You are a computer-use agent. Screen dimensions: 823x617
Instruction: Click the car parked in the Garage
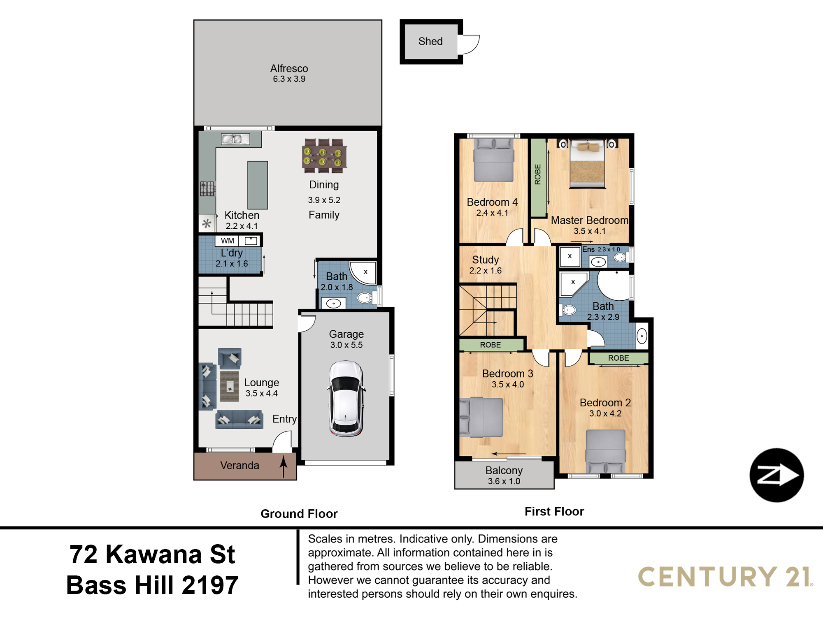coord(346,398)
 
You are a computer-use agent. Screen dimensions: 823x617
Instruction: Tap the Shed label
coord(430,42)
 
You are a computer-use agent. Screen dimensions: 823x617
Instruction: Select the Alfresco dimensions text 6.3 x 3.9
coord(289,79)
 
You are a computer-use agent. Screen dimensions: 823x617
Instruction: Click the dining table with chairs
coord(324,156)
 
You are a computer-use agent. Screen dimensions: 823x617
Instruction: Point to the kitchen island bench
coord(258,185)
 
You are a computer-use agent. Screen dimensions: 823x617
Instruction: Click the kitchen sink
coord(235,139)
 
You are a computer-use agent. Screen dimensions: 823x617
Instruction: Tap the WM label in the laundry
coord(227,241)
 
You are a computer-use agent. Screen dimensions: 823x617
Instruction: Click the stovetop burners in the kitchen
coord(207,189)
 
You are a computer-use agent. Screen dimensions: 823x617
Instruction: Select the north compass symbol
coord(777,475)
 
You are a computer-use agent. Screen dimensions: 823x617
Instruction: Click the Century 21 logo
coord(725,577)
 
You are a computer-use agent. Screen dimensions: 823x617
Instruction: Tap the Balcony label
coord(504,471)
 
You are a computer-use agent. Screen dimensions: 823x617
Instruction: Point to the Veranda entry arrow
coord(284,466)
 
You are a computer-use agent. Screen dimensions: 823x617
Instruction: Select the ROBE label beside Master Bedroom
coord(537,174)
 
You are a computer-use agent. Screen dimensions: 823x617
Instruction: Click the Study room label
coord(486,260)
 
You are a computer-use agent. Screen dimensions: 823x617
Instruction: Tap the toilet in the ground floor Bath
coord(366,297)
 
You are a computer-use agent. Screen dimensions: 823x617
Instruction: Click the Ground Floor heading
coord(299,514)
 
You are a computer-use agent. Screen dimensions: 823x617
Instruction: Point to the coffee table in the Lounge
coord(229,386)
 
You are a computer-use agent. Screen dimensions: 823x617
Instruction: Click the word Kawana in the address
coord(154,554)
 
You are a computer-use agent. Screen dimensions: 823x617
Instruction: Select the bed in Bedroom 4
coord(494,160)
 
